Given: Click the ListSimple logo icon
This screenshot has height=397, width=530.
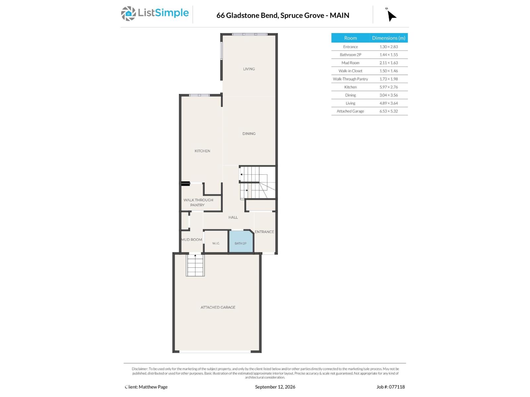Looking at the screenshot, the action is (128, 14).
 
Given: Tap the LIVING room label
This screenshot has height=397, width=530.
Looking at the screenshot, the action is (249, 69).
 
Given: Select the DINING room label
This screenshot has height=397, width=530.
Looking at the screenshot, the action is (249, 134).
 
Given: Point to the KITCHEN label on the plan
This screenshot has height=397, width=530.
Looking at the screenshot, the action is (202, 151).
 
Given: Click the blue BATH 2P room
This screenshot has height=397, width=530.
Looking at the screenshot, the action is (240, 242).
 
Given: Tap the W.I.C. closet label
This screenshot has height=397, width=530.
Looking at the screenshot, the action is (216, 243).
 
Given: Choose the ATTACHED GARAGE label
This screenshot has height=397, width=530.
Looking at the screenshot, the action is (218, 307).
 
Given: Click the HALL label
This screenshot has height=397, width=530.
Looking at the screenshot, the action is (233, 217).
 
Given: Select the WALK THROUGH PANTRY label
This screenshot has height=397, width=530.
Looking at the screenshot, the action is (198, 202).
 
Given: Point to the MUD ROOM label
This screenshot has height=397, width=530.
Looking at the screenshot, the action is (191, 239).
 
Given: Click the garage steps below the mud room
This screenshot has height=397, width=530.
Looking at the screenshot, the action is (195, 265).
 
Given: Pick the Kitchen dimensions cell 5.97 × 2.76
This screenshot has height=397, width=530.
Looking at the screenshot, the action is (388, 87).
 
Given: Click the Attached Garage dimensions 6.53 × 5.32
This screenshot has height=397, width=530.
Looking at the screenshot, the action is (388, 111).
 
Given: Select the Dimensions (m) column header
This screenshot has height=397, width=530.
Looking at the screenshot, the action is (388, 38).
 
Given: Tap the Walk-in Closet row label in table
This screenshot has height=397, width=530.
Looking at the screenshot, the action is (350, 71).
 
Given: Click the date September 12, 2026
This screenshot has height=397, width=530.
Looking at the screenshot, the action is (275, 387).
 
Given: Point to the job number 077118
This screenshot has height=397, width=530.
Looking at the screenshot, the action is (397, 387).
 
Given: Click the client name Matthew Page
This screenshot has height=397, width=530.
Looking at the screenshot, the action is (153, 387).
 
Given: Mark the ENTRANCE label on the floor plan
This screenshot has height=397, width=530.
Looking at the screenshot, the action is (264, 232).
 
